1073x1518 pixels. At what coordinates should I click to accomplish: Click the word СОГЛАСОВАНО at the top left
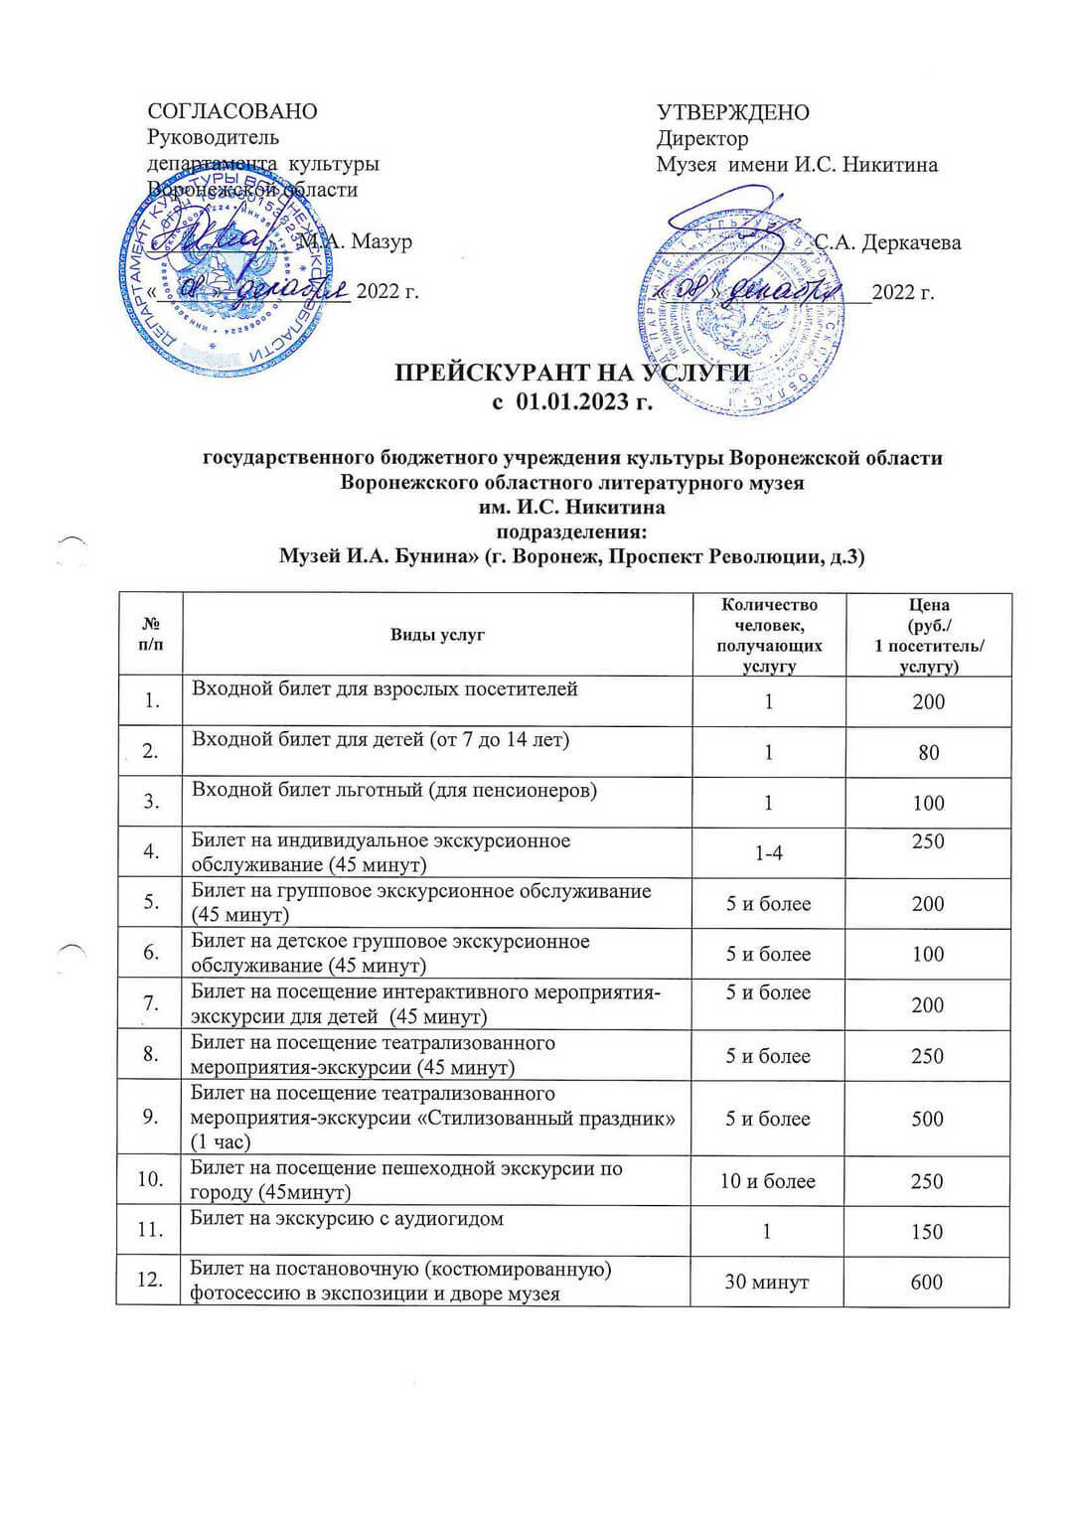pyautogui.click(x=232, y=111)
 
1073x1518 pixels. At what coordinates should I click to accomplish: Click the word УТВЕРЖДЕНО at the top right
pyautogui.click(x=732, y=112)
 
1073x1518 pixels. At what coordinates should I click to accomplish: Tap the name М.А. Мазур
pyautogui.click(x=355, y=241)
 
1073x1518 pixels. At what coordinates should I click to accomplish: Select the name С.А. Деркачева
pyautogui.click(x=887, y=242)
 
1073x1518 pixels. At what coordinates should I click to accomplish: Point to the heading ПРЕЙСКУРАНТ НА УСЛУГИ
pyautogui.click(x=571, y=374)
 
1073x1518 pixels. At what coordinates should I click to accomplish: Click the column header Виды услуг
pyautogui.click(x=437, y=635)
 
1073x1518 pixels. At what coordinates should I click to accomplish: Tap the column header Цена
pyautogui.click(x=929, y=604)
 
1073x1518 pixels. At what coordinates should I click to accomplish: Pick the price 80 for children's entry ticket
pyautogui.click(x=928, y=753)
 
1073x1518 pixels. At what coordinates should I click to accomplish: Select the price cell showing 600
pyautogui.click(x=926, y=1283)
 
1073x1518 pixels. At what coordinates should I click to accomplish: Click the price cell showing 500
pyautogui.click(x=927, y=1119)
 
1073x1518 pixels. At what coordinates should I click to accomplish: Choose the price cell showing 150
pyautogui.click(x=926, y=1232)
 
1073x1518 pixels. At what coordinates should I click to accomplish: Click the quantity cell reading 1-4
pyautogui.click(x=769, y=852)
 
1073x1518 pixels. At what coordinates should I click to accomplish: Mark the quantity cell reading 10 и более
pyautogui.click(x=768, y=1181)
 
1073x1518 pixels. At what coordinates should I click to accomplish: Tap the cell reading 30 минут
pyautogui.click(x=766, y=1283)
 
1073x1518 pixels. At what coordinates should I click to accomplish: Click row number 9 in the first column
pyautogui.click(x=150, y=1117)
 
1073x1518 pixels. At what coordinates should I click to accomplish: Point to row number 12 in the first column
pyautogui.click(x=150, y=1281)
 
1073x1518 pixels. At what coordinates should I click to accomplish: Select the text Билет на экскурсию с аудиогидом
pyautogui.click(x=347, y=1219)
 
